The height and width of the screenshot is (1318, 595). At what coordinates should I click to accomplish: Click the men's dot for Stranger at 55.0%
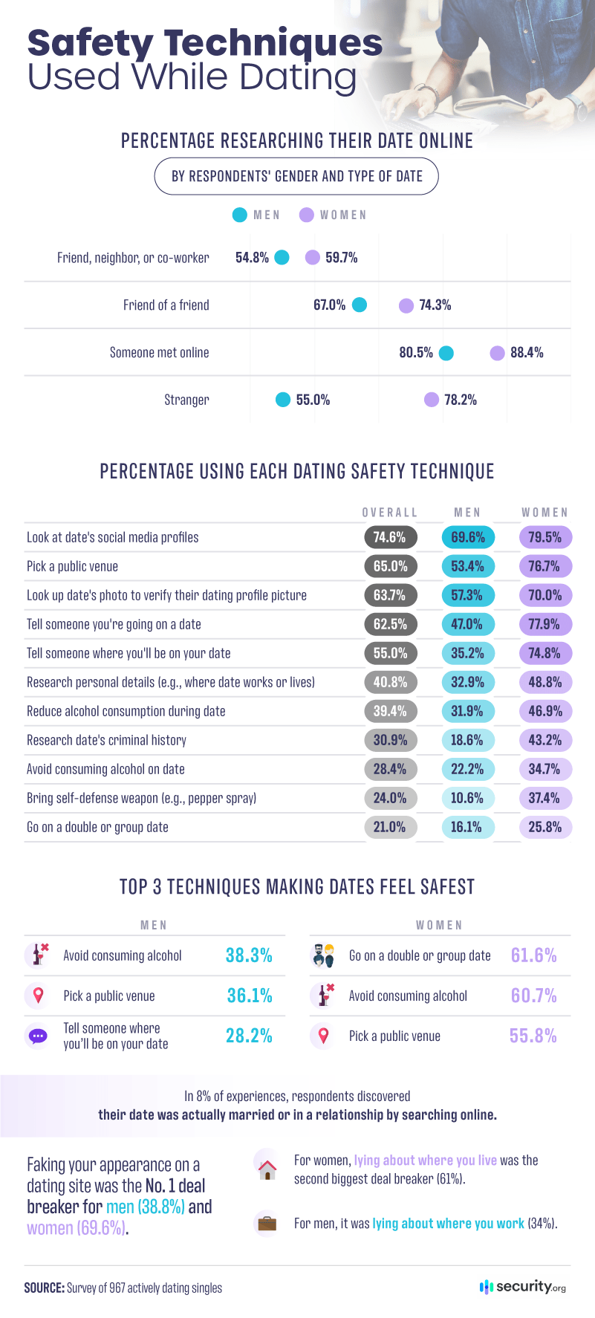[x=283, y=400]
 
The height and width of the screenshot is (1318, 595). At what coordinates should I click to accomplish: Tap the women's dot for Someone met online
[x=497, y=353]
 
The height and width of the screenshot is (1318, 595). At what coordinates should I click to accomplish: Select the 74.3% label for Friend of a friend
[x=435, y=305]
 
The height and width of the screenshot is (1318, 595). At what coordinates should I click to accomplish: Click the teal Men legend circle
[x=239, y=215]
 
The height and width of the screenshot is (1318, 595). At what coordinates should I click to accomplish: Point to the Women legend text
[x=343, y=215]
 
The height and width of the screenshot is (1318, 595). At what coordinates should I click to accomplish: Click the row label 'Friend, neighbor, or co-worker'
[x=133, y=258]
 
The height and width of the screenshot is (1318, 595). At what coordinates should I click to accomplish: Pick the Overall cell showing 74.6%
[x=390, y=537]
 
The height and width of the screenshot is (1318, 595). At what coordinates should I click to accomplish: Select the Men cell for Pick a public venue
[x=467, y=566]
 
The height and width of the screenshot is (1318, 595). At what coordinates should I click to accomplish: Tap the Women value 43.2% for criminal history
[x=544, y=740]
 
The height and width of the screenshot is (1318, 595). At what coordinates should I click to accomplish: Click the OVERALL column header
[x=390, y=513]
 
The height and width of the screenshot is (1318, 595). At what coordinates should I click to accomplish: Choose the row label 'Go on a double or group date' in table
[x=97, y=827]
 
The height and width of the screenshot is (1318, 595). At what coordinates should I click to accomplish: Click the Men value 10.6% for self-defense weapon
[x=467, y=798]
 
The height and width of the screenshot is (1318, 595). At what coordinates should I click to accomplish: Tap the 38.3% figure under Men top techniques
[x=249, y=955]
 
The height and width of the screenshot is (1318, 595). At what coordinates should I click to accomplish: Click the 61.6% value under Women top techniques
[x=533, y=955]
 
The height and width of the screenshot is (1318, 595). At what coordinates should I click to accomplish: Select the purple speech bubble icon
[x=37, y=1036]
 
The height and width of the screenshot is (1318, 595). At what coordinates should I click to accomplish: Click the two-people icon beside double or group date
[x=323, y=955]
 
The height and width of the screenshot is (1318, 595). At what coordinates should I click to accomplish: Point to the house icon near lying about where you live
[x=267, y=1169]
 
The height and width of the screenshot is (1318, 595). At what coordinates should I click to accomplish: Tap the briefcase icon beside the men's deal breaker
[x=267, y=1223]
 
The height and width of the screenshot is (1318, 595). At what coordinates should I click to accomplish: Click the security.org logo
[x=523, y=1287]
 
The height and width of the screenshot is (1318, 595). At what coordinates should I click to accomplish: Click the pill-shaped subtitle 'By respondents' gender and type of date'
[x=296, y=176]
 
